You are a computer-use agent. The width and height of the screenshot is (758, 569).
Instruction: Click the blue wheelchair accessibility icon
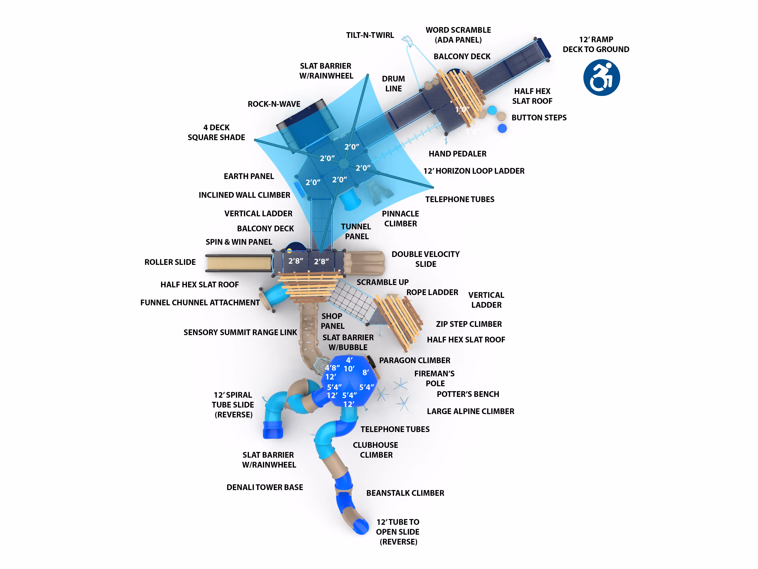point(601,77)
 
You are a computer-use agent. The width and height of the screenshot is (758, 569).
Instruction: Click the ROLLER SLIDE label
point(170,262)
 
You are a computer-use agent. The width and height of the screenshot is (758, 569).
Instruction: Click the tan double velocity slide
point(364,263)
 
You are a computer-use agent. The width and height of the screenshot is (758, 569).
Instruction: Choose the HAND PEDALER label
point(458,154)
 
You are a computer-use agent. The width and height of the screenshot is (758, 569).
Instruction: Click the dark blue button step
point(502,128)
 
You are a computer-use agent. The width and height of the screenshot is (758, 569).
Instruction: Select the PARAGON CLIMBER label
point(415,360)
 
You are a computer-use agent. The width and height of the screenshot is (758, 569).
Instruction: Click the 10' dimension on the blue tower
point(349,369)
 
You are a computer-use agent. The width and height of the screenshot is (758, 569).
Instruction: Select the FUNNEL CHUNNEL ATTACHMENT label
point(200,303)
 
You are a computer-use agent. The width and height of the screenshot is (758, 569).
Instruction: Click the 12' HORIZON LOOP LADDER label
point(474,171)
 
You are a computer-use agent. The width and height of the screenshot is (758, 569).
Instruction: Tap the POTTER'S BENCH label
point(468,394)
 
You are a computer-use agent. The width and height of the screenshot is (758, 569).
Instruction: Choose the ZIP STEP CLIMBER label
point(469,324)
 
